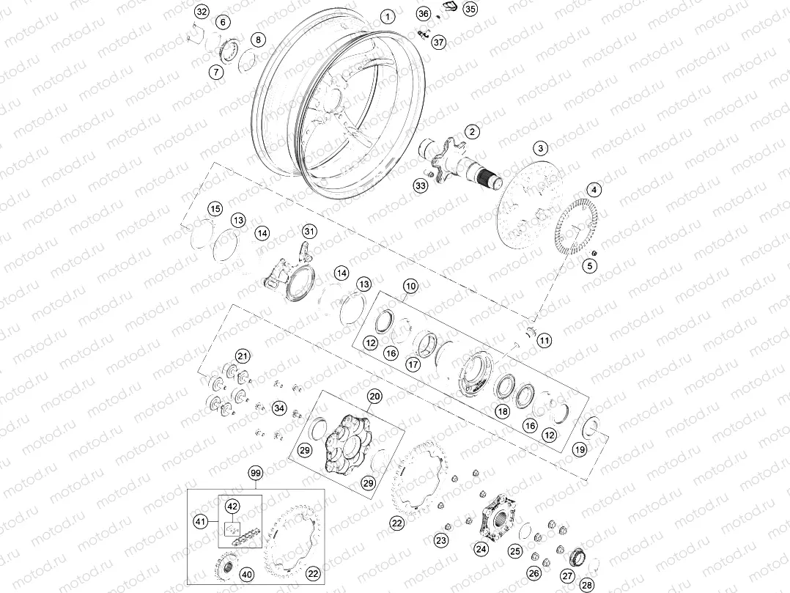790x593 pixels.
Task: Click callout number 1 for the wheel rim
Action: tap(388, 16)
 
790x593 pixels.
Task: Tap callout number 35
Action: tap(470, 10)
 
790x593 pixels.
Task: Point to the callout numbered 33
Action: tap(420, 187)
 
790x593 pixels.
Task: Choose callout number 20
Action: tap(374, 397)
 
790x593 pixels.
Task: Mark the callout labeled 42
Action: tap(232, 507)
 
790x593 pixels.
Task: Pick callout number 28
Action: tap(586, 584)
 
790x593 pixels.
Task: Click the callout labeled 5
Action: tap(589, 267)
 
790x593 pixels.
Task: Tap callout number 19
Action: tap(580, 449)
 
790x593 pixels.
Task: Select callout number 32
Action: tap(202, 12)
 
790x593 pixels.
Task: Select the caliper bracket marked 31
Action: tap(289, 275)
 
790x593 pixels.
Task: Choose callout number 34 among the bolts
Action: tap(278, 408)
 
